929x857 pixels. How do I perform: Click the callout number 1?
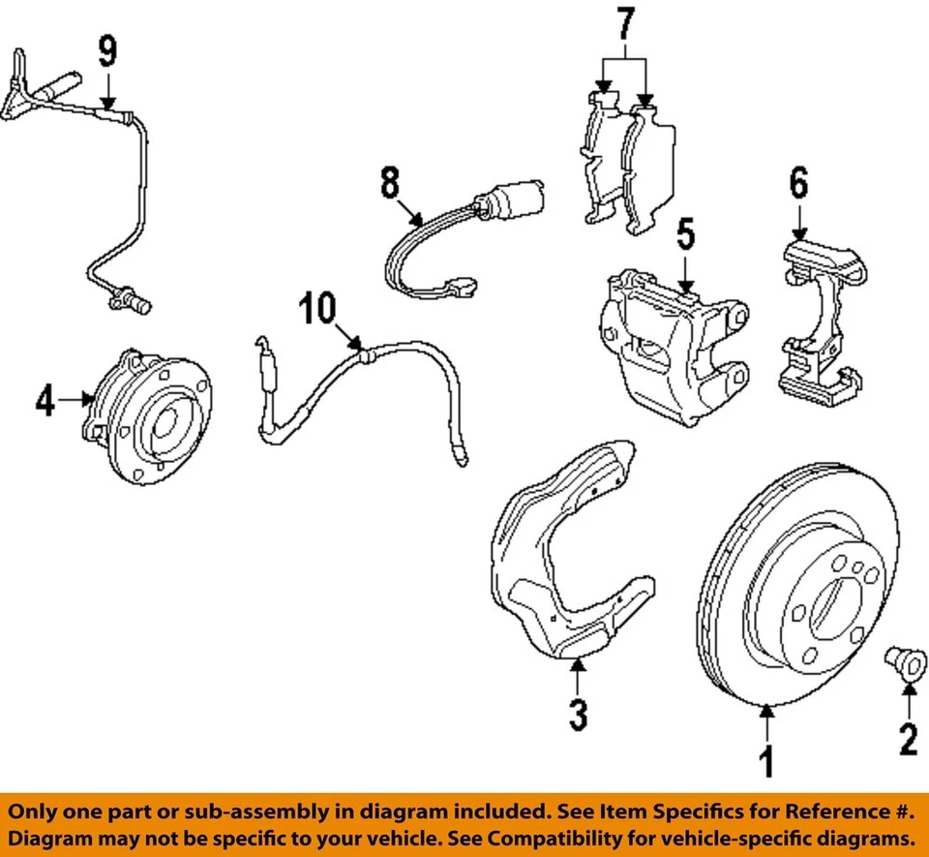tap(765, 762)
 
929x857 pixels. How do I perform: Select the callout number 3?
tap(577, 716)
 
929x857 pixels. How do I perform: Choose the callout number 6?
tap(797, 183)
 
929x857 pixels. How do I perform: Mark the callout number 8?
tap(389, 181)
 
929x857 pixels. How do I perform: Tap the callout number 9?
tap(106, 49)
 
